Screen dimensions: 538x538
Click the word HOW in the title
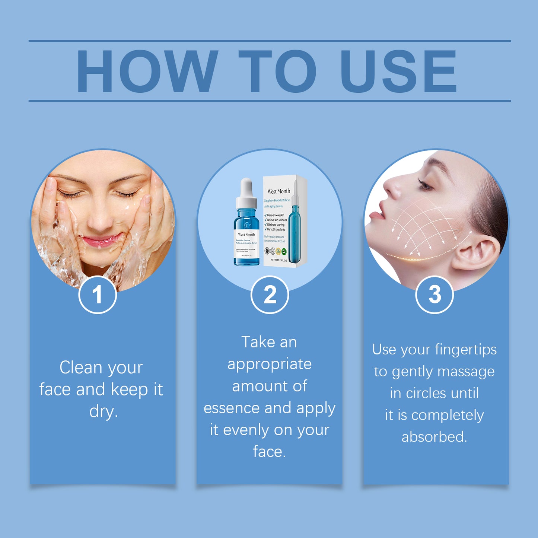(x=147, y=71)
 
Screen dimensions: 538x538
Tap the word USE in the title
(x=398, y=71)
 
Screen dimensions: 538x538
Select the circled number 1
(x=98, y=295)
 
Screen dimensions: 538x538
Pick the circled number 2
(x=270, y=295)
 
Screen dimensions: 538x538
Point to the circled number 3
(x=434, y=295)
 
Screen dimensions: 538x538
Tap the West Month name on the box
(x=278, y=191)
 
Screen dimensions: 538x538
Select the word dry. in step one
(x=104, y=411)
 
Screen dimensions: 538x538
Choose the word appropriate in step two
(x=270, y=364)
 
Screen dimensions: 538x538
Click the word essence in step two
(x=232, y=408)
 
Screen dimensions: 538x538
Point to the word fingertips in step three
(x=466, y=350)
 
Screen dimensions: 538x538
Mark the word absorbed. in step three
(x=434, y=437)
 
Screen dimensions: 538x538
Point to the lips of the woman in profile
(x=376, y=215)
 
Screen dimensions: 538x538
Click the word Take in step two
(x=257, y=342)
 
